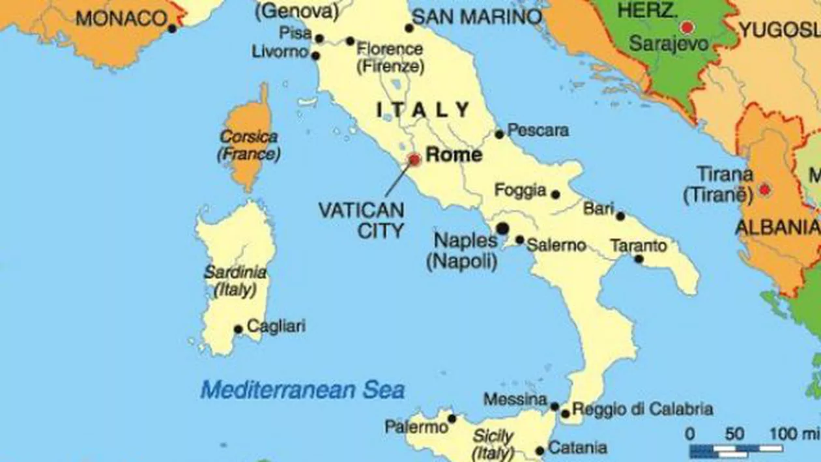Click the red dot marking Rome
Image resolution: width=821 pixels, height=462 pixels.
click(414, 160)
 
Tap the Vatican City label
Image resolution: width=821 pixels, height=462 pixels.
click(361, 220)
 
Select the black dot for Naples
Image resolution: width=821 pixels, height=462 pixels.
click(502, 228)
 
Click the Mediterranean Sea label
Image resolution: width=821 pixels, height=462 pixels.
click(302, 390)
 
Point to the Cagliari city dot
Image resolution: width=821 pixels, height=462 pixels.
click(238, 329)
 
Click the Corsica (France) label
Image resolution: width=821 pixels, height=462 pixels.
click(249, 146)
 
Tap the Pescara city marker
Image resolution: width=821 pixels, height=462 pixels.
click(499, 134)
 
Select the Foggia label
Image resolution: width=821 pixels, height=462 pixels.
click(520, 190)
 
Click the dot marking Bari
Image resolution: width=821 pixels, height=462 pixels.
click(620, 216)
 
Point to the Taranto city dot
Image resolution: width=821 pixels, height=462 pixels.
click(639, 259)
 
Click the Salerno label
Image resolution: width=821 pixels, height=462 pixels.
click(556, 246)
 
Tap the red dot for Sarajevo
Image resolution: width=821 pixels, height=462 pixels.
click(686, 27)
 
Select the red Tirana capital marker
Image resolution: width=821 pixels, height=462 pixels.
click(764, 190)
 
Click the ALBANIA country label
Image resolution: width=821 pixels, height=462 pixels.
click(776, 227)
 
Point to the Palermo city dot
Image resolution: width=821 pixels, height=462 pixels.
click(452, 418)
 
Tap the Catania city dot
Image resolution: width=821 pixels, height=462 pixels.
click(540, 451)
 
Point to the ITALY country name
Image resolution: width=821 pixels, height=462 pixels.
click(424, 110)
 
